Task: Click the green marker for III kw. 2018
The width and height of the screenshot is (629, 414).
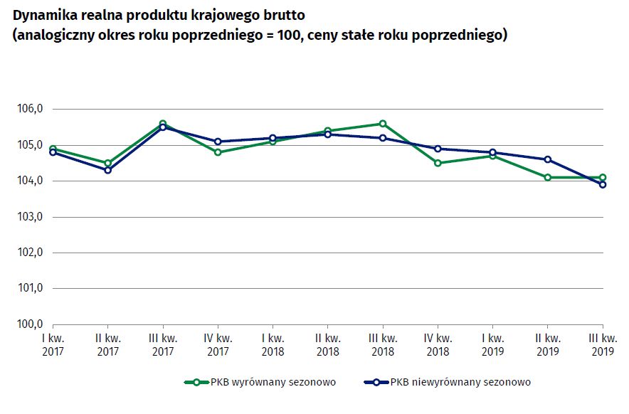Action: click(383, 124)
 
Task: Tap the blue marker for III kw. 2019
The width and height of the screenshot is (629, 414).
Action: click(603, 184)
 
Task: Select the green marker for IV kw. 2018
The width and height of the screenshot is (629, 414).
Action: click(438, 163)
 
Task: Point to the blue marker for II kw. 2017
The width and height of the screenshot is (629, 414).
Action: click(107, 170)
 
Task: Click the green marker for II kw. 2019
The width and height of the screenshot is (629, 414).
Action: click(548, 177)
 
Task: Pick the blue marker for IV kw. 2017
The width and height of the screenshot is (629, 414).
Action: click(218, 142)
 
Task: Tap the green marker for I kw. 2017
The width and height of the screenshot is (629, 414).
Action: click(53, 149)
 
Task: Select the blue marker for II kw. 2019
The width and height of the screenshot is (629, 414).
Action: click(548, 159)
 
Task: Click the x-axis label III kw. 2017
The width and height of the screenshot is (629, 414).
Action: click(163, 344)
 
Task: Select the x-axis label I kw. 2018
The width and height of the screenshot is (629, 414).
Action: click(273, 344)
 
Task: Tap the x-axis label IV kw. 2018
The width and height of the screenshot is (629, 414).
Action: click(438, 344)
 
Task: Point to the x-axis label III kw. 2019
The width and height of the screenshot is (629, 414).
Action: click(603, 344)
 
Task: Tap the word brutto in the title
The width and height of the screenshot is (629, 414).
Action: click(284, 16)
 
